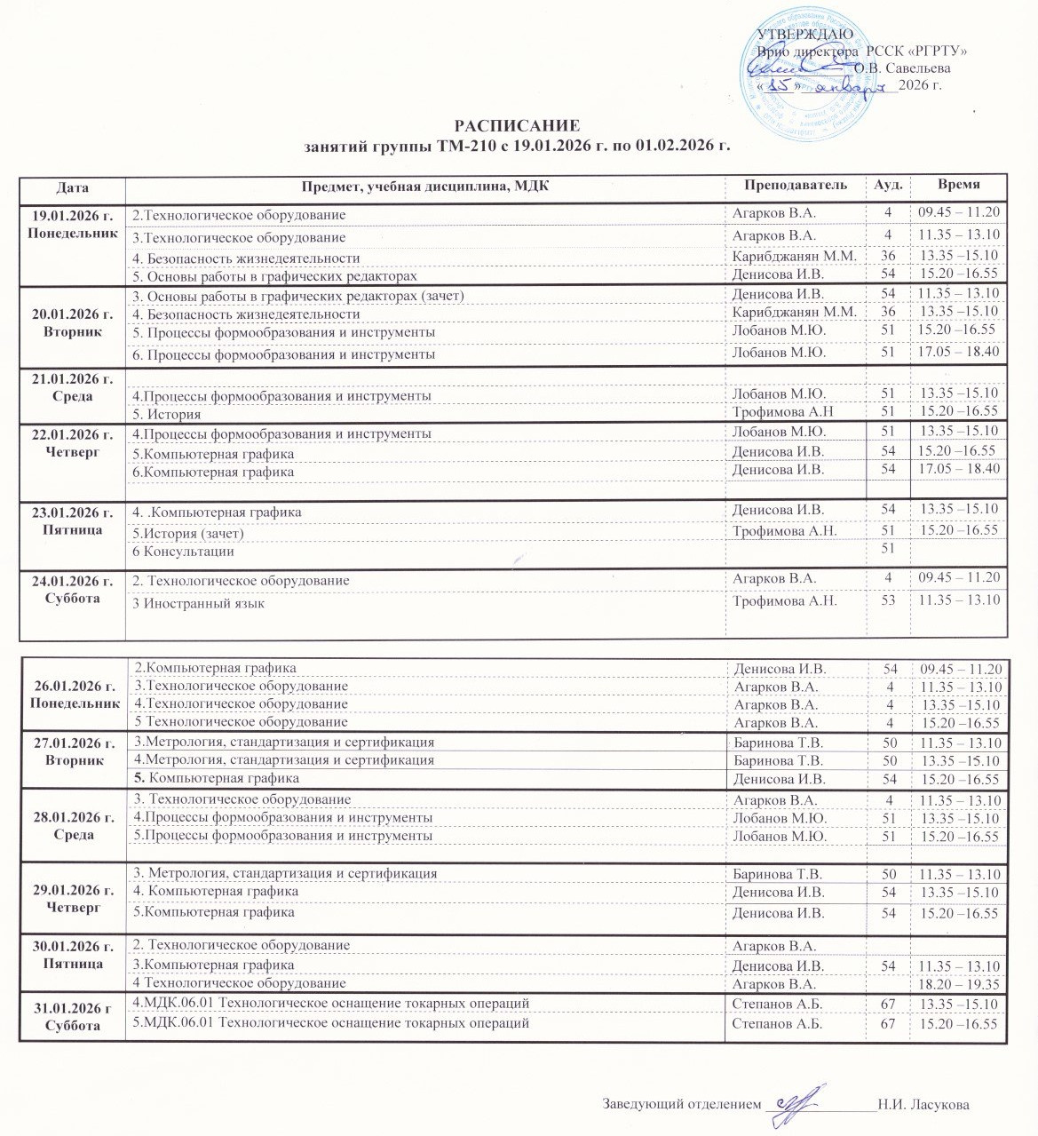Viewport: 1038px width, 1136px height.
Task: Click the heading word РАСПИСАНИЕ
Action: pos(517,125)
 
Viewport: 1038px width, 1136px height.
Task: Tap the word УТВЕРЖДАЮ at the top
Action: pos(805,35)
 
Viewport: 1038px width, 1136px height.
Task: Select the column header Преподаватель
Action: pos(796,185)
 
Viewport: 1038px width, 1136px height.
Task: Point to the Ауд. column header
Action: pos(889,185)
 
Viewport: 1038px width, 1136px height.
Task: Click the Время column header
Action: pos(959,185)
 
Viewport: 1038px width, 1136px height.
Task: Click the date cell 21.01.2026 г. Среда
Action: pos(73,388)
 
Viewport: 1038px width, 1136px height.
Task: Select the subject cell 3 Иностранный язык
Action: pos(199,603)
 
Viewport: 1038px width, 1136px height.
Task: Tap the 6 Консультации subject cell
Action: pos(184,552)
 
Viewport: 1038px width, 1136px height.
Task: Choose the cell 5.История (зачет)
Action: pos(188,534)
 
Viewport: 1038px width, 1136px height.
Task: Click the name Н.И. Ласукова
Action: pos(923,1104)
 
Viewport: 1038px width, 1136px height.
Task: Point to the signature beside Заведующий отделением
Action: pos(802,1100)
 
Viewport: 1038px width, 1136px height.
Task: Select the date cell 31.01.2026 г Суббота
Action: pos(73,1016)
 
